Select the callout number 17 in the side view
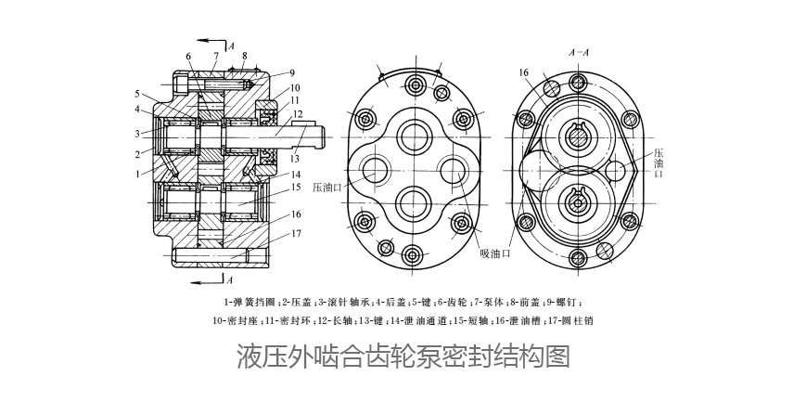pos(297,233)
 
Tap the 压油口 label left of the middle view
pos(328,186)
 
